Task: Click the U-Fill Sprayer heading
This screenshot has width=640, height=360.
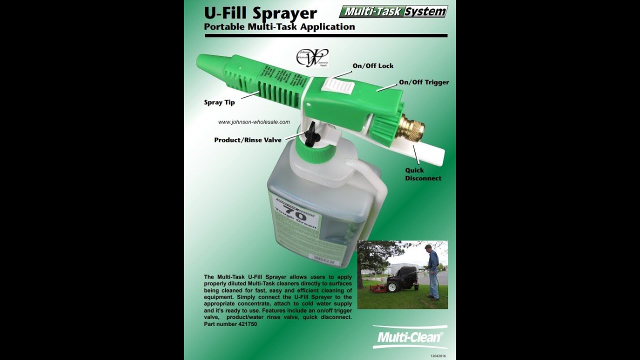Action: click(260, 13)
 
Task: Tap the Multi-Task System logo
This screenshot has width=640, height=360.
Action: click(393, 11)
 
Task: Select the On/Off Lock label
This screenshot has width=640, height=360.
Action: click(372, 66)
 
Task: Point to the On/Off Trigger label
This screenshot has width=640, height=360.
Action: click(423, 82)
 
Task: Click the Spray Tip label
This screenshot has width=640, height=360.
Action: click(219, 102)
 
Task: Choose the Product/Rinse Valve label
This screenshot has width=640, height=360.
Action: click(247, 140)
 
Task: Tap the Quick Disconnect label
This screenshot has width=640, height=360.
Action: click(423, 174)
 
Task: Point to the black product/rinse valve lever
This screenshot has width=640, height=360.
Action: click(310, 133)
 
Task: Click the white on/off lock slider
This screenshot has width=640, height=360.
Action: click(338, 85)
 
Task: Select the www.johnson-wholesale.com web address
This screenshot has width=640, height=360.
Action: click(254, 122)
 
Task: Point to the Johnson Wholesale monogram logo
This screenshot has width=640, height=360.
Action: click(312, 57)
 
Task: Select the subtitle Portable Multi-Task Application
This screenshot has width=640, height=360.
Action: click(279, 27)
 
